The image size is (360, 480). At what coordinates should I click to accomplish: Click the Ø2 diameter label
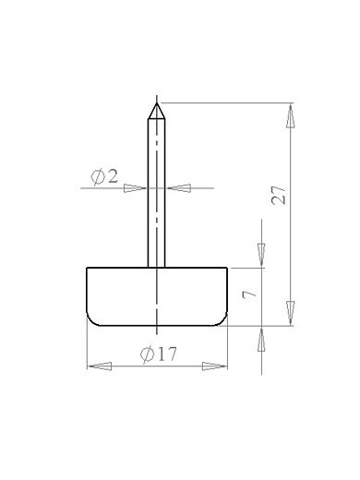click(x=104, y=177)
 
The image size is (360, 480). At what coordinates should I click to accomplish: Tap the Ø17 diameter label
click(x=159, y=354)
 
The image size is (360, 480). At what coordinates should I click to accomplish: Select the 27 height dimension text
click(x=279, y=195)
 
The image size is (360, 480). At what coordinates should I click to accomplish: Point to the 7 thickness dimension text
click(x=249, y=294)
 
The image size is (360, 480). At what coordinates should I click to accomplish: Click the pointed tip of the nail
click(x=157, y=103)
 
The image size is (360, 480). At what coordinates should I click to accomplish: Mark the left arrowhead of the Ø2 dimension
click(x=135, y=188)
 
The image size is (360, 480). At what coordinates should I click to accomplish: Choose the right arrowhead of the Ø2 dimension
click(x=179, y=188)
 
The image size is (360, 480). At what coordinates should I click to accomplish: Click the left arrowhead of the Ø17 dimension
click(x=100, y=366)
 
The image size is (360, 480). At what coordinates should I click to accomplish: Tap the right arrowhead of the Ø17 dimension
click(x=214, y=366)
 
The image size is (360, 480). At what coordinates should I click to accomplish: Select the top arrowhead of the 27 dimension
click(x=291, y=116)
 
